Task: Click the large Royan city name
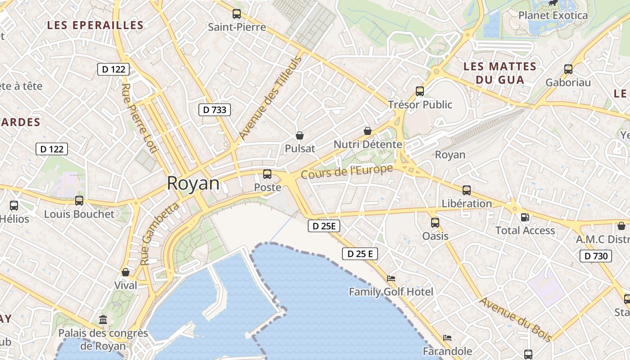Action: [x=193, y=184]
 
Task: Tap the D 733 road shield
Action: [x=215, y=109]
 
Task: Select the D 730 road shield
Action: [x=596, y=256]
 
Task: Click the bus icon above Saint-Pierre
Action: [x=237, y=14]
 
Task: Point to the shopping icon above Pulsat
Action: [x=300, y=135]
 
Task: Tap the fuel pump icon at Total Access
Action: [x=525, y=217]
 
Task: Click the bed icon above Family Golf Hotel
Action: [x=391, y=279]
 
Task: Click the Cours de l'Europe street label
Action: [x=347, y=171]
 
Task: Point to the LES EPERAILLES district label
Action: [x=95, y=26]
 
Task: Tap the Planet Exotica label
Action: [x=553, y=15]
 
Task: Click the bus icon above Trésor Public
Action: [x=420, y=91]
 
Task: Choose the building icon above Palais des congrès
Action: [x=103, y=320]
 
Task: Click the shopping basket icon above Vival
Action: [x=126, y=272]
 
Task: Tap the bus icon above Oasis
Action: [x=435, y=222]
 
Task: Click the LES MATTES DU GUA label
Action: [x=500, y=73]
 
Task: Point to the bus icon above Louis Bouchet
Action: [x=79, y=201]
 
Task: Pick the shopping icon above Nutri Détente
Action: [x=368, y=131]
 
